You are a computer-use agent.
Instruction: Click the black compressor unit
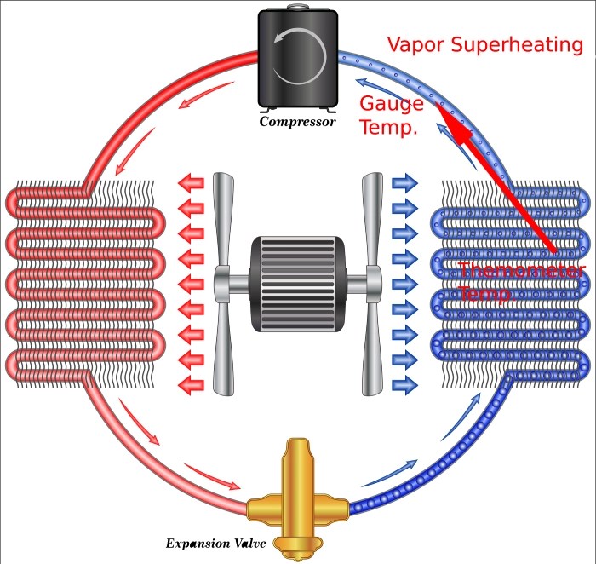click(x=297, y=60)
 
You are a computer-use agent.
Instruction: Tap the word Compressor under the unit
click(x=298, y=122)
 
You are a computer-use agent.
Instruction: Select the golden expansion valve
click(x=297, y=503)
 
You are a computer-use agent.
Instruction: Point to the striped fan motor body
click(x=297, y=279)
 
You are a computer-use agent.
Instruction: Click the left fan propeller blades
click(x=223, y=281)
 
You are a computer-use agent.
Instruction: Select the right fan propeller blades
click(x=372, y=281)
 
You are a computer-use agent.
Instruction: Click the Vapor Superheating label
click(x=484, y=44)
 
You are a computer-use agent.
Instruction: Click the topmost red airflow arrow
click(x=190, y=181)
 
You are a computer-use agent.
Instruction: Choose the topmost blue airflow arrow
click(x=404, y=181)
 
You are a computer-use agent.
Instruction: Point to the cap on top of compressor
click(x=297, y=9)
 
